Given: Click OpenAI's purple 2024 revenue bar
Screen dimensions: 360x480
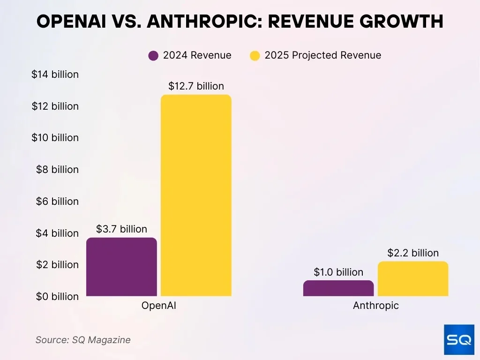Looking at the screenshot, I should click(122, 267).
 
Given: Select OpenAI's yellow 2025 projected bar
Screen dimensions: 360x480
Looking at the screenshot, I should click(196, 195).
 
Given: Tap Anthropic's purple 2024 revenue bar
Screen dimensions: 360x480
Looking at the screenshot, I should click(338, 288).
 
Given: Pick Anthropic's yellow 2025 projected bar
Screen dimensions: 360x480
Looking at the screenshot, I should click(413, 279).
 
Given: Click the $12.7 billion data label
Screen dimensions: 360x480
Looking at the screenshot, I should click(196, 86).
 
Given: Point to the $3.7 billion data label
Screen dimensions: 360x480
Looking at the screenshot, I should click(121, 229).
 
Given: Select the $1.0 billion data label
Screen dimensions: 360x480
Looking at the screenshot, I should click(338, 272).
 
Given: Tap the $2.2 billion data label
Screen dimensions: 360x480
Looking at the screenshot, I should click(413, 253).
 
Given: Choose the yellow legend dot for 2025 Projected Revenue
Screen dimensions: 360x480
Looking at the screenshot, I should click(255, 56).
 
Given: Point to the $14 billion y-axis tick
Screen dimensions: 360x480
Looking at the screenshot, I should click(55, 75).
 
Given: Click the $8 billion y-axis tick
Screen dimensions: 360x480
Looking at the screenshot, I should click(57, 170).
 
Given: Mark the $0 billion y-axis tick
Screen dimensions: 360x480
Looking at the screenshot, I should click(57, 297).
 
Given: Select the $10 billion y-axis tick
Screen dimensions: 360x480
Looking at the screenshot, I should click(55, 138).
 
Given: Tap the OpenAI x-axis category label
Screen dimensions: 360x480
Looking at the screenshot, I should click(159, 306).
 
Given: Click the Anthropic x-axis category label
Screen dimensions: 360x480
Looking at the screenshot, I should click(375, 306).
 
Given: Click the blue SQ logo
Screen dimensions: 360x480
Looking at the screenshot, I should click(459, 340).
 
